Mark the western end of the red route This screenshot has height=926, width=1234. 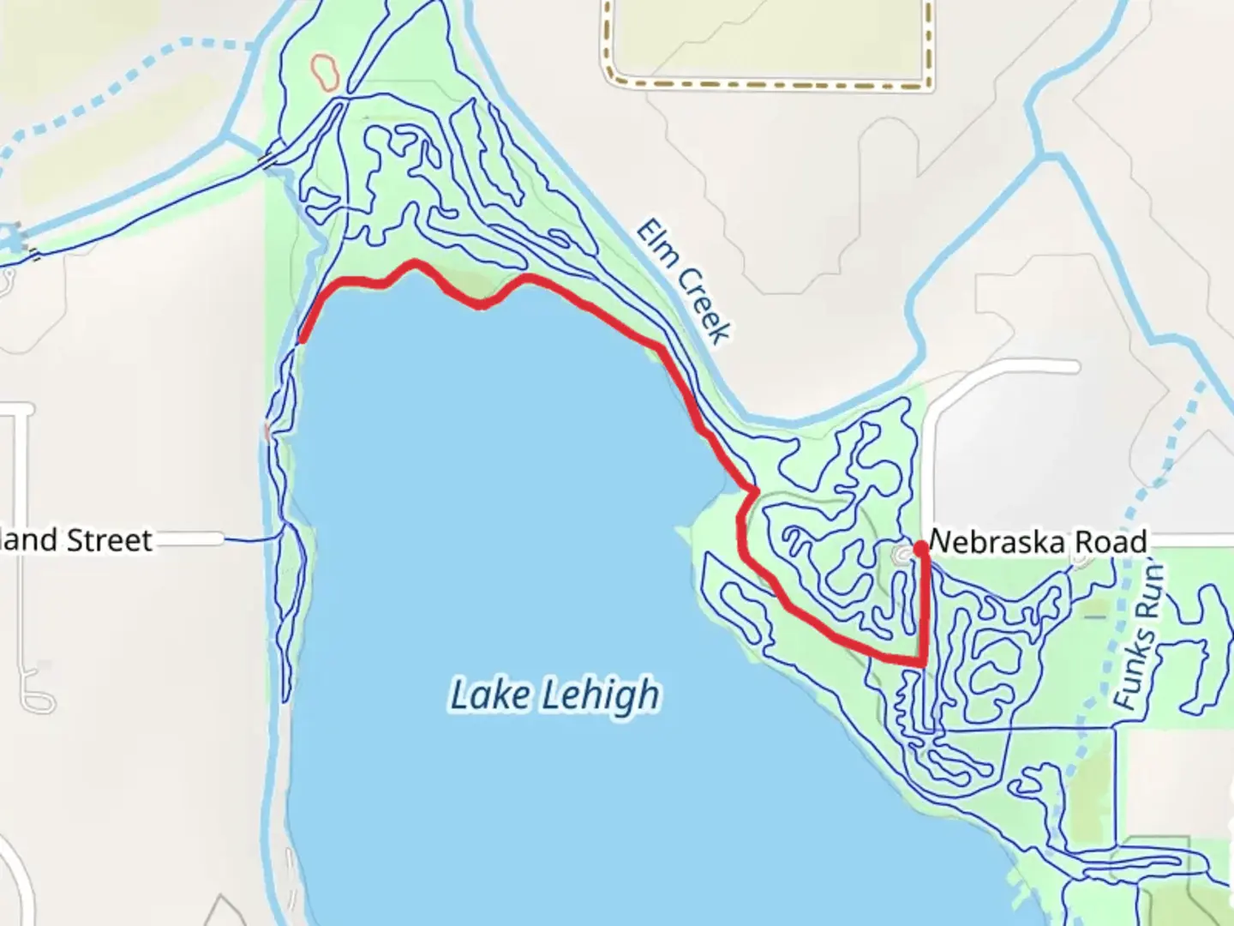point(303,340)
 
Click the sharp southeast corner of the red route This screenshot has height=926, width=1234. point(922,663)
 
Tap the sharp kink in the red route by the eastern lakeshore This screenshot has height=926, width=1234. point(753,490)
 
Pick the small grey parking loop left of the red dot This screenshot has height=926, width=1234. point(902,556)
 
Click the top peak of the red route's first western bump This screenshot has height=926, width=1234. point(416,262)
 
